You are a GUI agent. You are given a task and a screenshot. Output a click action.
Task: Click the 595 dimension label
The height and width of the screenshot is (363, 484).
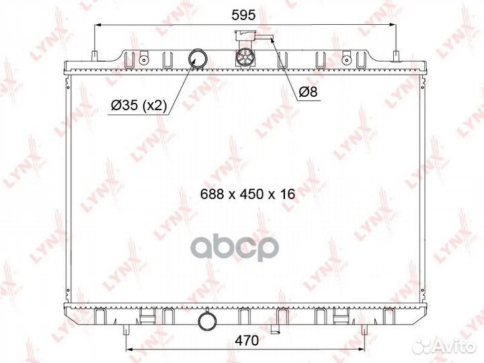243,15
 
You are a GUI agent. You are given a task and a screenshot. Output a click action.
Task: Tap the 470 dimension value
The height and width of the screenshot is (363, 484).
247,340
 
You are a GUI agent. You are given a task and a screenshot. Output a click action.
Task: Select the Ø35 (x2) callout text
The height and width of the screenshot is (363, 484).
139,106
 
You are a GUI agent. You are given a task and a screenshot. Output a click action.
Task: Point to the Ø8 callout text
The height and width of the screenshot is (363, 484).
309,91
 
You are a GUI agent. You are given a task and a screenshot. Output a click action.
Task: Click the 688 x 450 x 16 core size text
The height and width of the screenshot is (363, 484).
247,194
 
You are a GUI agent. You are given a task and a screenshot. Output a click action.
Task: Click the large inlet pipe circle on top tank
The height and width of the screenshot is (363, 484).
198,58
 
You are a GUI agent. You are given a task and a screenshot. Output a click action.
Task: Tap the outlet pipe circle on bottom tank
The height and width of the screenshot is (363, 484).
207,321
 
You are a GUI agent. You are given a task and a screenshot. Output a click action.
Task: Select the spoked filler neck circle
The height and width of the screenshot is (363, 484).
245,57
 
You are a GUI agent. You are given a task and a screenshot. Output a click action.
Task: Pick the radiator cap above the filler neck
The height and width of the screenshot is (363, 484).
245,36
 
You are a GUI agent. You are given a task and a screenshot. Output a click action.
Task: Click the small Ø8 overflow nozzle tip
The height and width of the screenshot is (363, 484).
272,38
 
